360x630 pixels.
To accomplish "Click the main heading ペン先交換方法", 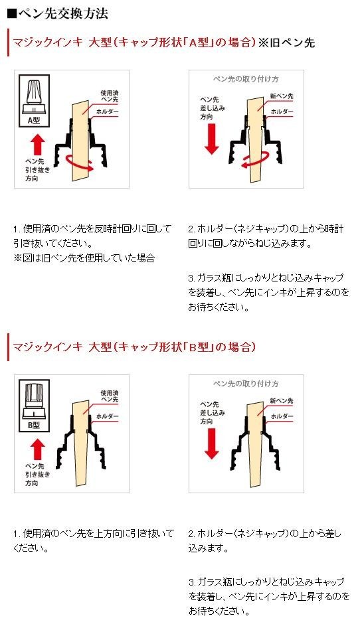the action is (x=58, y=14).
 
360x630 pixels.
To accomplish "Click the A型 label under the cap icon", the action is (x=34, y=120).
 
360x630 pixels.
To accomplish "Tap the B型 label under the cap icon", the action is (x=34, y=425).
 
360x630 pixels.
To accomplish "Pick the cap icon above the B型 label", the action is (x=34, y=401).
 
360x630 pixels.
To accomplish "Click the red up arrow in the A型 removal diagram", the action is (x=37, y=144).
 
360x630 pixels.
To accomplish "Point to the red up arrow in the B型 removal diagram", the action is (x=37, y=449).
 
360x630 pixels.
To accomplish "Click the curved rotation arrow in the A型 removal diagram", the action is (x=79, y=164).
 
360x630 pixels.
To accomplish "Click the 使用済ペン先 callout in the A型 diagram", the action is (x=110, y=96).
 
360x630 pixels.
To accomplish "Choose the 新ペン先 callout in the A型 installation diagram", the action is (x=281, y=96).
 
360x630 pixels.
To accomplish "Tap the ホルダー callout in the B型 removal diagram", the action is (x=107, y=416).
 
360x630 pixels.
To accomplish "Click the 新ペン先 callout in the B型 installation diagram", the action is (x=281, y=400).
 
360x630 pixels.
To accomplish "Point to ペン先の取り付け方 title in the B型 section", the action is (x=246, y=384).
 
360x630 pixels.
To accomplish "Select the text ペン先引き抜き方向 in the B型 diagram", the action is (x=37, y=475).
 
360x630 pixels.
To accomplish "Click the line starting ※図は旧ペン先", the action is (x=84, y=258).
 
